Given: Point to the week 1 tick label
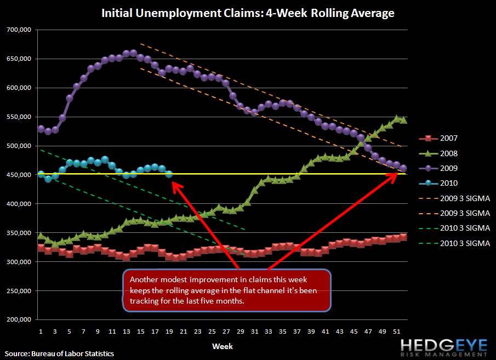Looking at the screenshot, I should pyautogui.click(x=41, y=332).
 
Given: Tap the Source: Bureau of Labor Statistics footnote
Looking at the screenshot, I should pyautogui.click(x=60, y=353).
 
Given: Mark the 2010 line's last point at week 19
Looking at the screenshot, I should pyautogui.click(x=169, y=174).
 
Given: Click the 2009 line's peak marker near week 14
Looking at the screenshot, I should pyautogui.click(x=133, y=53).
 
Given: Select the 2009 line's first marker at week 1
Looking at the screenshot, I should pyautogui.click(x=41, y=129).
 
